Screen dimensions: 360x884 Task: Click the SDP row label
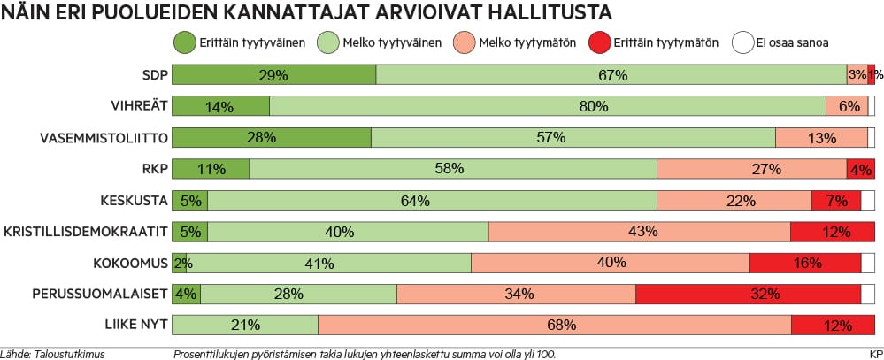[154, 74]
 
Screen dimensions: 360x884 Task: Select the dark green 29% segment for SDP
[273, 75]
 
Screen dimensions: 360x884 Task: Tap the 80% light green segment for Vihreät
[547, 107]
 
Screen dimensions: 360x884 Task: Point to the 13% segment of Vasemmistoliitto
[821, 138]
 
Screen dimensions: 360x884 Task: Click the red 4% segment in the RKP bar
[860, 169]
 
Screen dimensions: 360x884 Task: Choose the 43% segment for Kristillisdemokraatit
[639, 232]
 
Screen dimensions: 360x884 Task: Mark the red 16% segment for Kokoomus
[804, 264]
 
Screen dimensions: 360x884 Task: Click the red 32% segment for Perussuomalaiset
[748, 294]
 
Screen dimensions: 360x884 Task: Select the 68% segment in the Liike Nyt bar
[554, 326]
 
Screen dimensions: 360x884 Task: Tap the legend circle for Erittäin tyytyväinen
[184, 41]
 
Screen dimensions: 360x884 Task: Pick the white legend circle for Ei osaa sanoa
[742, 41]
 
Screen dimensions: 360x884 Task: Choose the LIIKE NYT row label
[131, 326]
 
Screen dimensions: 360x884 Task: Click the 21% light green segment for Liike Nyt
[244, 326]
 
